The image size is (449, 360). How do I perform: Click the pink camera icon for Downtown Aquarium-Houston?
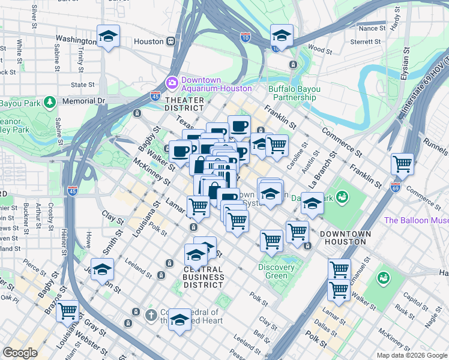172,82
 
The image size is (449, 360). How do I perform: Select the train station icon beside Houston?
171,41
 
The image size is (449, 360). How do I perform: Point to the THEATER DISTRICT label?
184,103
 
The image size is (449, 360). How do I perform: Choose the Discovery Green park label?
276,271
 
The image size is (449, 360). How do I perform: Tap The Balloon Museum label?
416,220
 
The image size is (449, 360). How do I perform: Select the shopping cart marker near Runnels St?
402,163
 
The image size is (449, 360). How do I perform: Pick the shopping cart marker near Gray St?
67,311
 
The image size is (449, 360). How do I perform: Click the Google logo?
20,353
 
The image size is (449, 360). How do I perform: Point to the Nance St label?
372,28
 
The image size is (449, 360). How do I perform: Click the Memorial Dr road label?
83,101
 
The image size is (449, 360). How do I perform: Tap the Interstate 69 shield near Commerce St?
395,187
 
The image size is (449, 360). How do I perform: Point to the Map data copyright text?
411,355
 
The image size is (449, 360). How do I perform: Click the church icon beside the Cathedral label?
136,312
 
